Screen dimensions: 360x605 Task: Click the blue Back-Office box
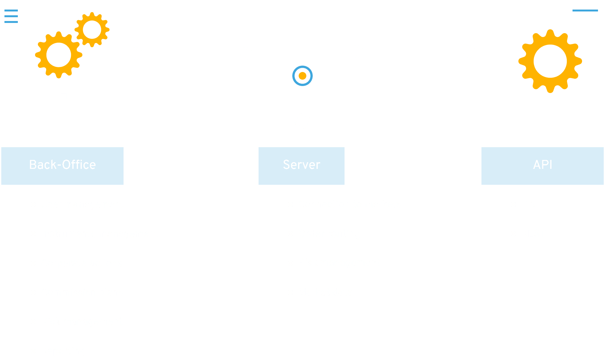pyautogui.click(x=62, y=166)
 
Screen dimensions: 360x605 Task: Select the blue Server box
pyautogui.click(x=302, y=166)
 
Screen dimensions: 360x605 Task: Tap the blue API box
pyautogui.click(x=542, y=166)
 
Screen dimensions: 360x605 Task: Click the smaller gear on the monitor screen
pyautogui.click(x=92, y=30)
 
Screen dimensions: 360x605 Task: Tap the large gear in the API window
pyautogui.click(x=550, y=61)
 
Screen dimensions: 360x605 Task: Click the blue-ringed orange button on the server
pyautogui.click(x=302, y=76)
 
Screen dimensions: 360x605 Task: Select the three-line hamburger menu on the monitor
pyautogui.click(x=11, y=16)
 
